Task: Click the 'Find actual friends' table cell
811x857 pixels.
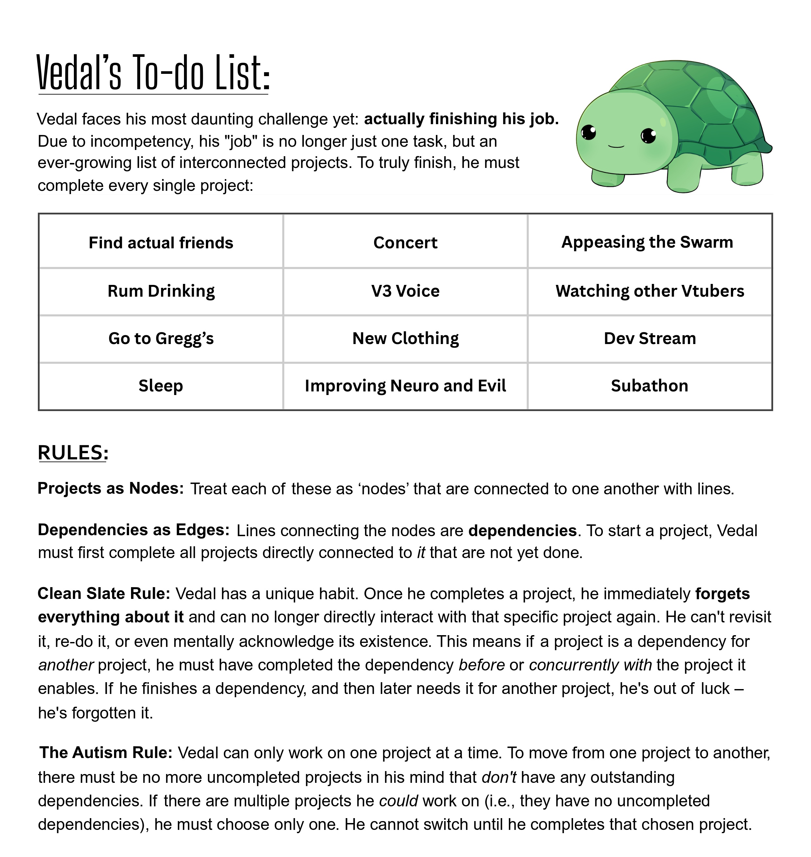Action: [x=161, y=242]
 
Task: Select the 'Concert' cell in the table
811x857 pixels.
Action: [x=405, y=242]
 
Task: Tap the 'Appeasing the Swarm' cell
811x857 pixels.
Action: [x=649, y=242]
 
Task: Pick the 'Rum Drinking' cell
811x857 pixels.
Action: [x=161, y=291]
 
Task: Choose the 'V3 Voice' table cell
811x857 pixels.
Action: [x=405, y=291]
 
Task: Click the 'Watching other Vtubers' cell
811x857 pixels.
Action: [x=649, y=291]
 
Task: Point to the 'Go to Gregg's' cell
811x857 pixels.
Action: [x=161, y=338]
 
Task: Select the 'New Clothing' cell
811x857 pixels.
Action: [x=405, y=338]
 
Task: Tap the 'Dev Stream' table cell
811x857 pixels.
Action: [x=649, y=338]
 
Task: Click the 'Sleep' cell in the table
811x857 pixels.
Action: [x=161, y=386]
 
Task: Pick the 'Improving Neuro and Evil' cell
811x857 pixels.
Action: [x=405, y=386]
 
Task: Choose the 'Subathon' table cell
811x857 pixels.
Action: [x=649, y=386]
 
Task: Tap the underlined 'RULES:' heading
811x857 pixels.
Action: [x=73, y=453]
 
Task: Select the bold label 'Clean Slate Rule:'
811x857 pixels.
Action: [x=104, y=593]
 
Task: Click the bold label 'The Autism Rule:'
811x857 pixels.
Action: [x=106, y=752]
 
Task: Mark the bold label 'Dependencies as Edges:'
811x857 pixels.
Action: [x=133, y=530]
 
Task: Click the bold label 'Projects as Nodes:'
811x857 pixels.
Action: [x=111, y=488]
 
